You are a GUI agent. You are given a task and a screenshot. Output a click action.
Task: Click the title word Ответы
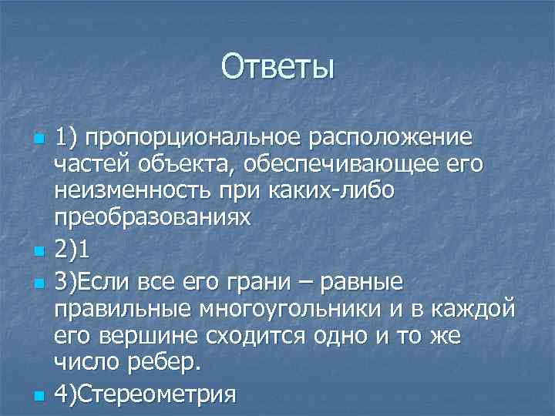click(277, 67)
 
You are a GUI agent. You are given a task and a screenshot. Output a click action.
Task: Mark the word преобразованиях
click(152, 217)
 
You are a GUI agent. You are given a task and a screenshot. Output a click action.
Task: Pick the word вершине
click(152, 334)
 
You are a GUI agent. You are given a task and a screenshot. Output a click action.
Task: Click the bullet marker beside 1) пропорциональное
click(39, 142)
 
